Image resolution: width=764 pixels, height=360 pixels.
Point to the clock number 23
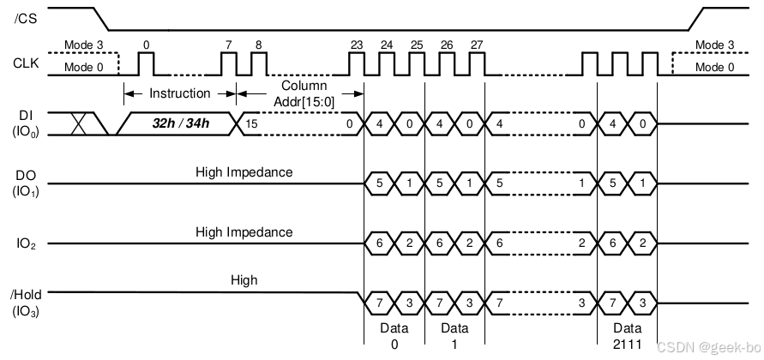click(x=357, y=45)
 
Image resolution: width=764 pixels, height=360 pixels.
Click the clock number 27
click(x=477, y=45)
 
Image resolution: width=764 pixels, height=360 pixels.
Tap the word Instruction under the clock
click(x=180, y=93)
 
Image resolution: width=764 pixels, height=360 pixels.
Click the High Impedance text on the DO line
click(x=244, y=172)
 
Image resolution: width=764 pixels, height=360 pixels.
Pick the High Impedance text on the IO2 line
click(x=244, y=232)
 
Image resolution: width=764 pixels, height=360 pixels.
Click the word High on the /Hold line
click(x=244, y=279)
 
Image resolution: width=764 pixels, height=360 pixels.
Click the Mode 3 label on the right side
click(x=714, y=45)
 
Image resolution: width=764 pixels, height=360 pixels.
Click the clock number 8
click(x=258, y=45)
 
